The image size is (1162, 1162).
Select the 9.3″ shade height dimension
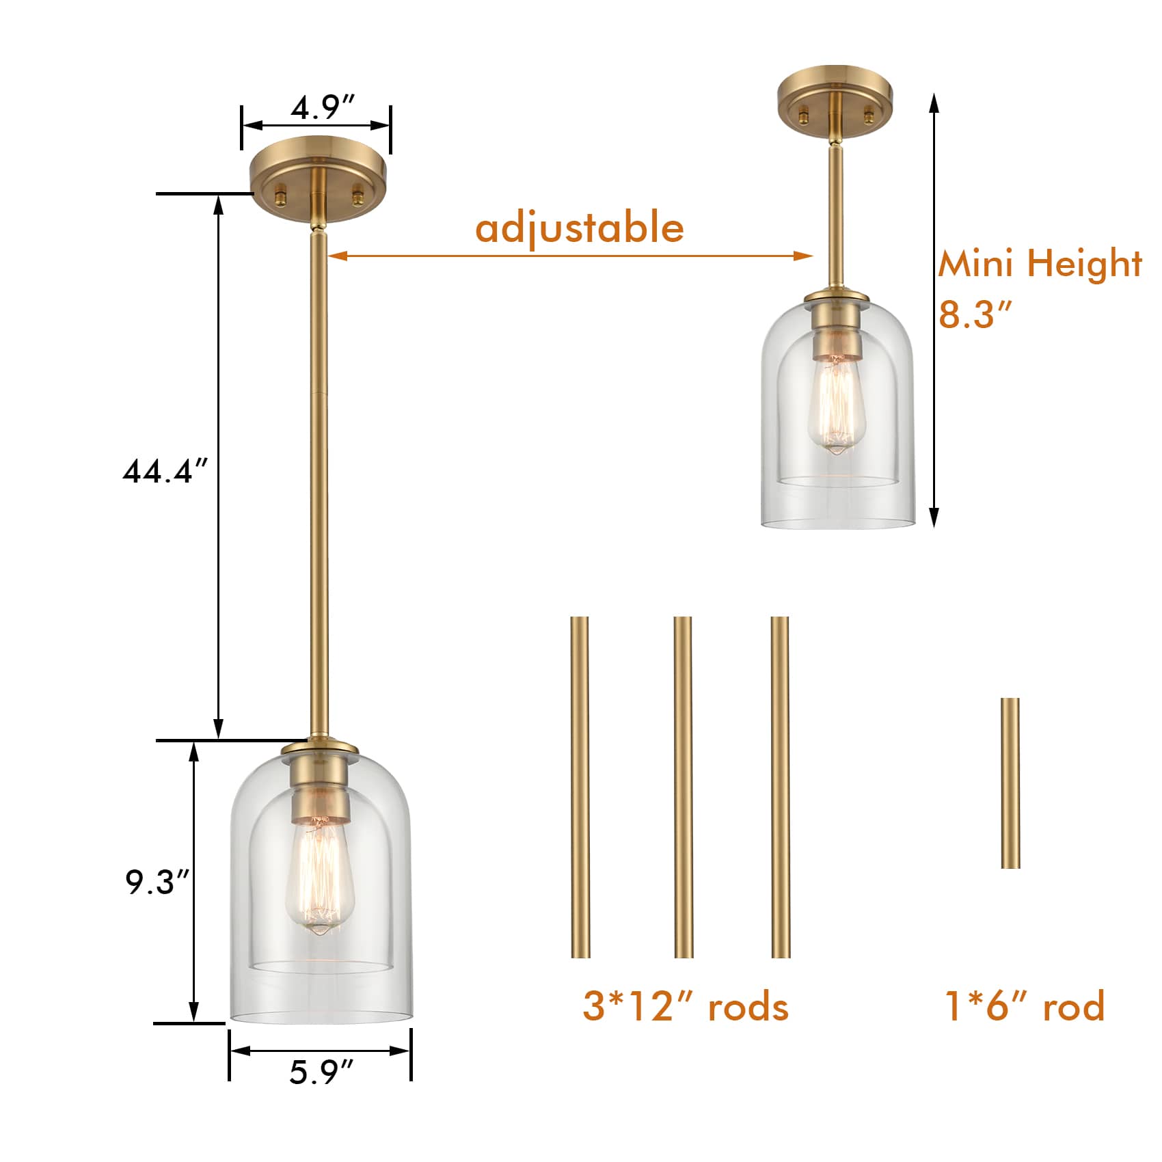tap(157, 882)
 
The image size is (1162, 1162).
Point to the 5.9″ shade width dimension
tap(321, 1071)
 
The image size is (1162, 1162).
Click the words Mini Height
tap(1039, 263)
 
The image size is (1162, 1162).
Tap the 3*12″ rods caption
tap(686, 1007)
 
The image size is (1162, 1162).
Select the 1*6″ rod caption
tap(1024, 1006)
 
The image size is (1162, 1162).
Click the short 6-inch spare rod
tap(1010, 783)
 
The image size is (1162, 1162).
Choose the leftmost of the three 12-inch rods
tap(580, 786)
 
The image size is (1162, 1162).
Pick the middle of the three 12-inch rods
tap(683, 786)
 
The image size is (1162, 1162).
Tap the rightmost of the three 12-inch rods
tap(780, 786)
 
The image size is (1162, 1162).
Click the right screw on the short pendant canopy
tap(868, 116)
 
